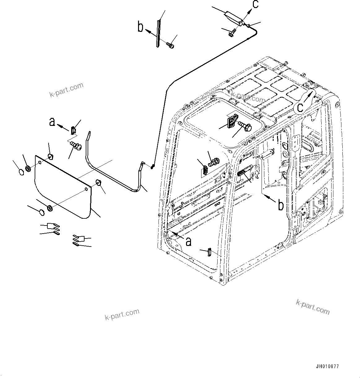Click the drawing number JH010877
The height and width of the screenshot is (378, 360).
(x=327, y=367)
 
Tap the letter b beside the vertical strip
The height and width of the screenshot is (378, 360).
(x=141, y=27)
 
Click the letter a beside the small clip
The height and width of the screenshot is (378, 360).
(x=52, y=122)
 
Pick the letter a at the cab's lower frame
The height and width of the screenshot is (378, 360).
(x=188, y=241)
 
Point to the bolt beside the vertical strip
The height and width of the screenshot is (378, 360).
(x=170, y=45)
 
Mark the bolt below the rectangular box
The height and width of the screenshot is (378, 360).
(x=232, y=32)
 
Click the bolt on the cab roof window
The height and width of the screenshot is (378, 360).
(x=245, y=125)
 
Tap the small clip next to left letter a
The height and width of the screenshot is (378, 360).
(x=73, y=130)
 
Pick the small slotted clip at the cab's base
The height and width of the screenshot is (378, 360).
(x=209, y=252)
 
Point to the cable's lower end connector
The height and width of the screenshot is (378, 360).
(x=152, y=167)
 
